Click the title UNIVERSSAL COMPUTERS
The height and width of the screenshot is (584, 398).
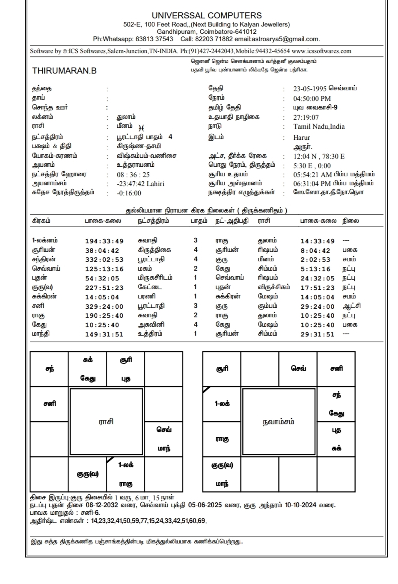pyautogui.click(x=207, y=16)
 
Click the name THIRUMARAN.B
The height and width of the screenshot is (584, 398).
pyautogui.click(x=65, y=71)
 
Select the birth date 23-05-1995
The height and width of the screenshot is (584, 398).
pyautogui.click(x=310, y=89)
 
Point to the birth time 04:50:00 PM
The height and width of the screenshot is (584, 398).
pyautogui.click(x=312, y=98)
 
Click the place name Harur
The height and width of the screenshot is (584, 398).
pyautogui.click(x=302, y=138)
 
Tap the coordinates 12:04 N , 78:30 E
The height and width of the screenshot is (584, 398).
pyautogui.click(x=319, y=156)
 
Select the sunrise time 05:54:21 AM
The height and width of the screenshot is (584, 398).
pyautogui.click(x=313, y=174)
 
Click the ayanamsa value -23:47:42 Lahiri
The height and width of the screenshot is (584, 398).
pyautogui.click(x=140, y=184)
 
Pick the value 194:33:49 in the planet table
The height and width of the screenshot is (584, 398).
pyautogui.click(x=104, y=241)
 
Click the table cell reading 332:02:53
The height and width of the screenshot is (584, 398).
pyautogui.click(x=104, y=260)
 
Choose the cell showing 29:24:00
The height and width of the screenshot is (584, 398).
pyautogui.click(x=317, y=307)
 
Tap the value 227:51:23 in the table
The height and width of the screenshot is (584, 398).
pyautogui.click(x=104, y=288)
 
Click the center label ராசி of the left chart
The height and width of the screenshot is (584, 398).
pyautogui.click(x=106, y=422)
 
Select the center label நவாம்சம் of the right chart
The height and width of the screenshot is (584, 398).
pyautogui.click(x=279, y=422)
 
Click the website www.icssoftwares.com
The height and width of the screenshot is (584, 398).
pyautogui.click(x=321, y=51)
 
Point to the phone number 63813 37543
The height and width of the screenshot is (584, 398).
pyautogui.click(x=154, y=39)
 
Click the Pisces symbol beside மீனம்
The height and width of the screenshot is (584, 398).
pyautogui.click(x=142, y=128)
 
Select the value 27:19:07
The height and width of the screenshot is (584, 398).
pyautogui.click(x=306, y=118)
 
